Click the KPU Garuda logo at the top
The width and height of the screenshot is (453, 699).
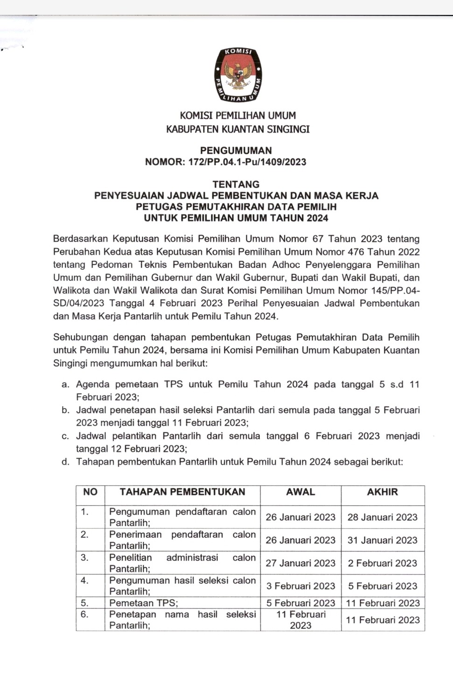point(238,74)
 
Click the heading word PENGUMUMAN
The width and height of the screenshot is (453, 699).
point(236,150)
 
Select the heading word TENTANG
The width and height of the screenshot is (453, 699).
point(236,184)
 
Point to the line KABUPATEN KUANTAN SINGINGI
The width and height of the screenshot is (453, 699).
point(237,129)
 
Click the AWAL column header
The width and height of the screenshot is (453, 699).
point(300,492)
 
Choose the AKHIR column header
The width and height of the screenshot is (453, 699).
point(383,492)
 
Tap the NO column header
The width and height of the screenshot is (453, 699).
point(90,492)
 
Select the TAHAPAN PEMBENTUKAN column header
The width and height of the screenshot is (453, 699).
point(182,492)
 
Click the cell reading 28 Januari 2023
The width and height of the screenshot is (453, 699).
point(383,517)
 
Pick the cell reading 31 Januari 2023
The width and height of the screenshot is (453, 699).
point(383,540)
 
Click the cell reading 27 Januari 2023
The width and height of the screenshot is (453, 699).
point(300,563)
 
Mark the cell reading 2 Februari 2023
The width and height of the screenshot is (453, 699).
point(383,563)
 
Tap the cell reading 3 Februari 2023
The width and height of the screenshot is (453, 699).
point(300,586)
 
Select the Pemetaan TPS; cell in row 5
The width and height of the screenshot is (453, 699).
point(144,603)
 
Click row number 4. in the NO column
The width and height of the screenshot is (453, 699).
point(84,580)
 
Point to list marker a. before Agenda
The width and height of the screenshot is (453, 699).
point(66,385)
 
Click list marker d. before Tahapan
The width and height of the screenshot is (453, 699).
point(66,462)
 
